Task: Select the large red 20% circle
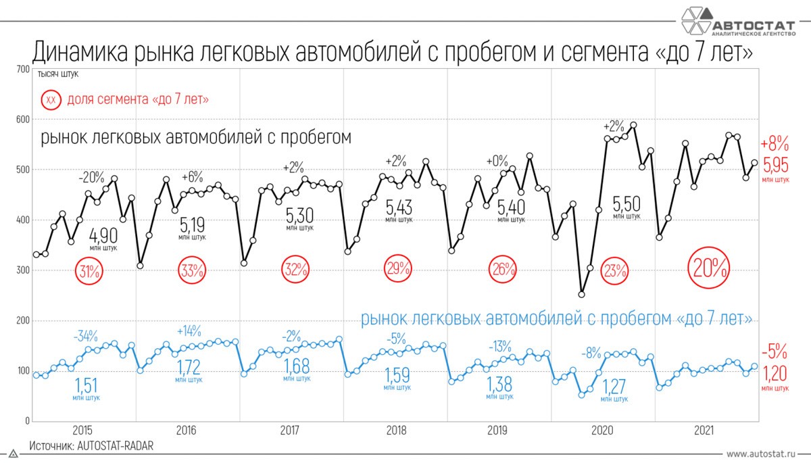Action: click(708, 268)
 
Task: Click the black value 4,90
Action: click(104, 235)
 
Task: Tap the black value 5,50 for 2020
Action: click(626, 203)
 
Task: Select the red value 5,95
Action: click(775, 165)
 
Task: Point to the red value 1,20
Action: click(775, 374)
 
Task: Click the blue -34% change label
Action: click(86, 336)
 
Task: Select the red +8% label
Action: click(775, 144)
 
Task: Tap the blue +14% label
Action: click(190, 331)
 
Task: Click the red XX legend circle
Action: click(51, 100)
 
